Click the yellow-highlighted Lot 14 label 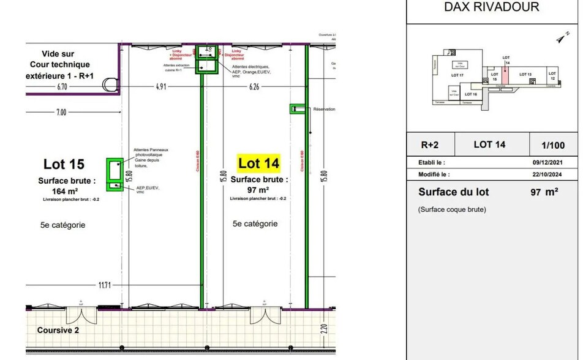[x=258, y=163]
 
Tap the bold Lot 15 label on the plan [x=64, y=164]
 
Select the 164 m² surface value [x=67, y=191]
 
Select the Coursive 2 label [x=58, y=330]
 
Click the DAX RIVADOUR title [x=492, y=7]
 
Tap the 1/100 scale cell [x=554, y=145]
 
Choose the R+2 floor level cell [x=429, y=145]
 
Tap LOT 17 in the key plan [x=457, y=75]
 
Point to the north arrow [x=560, y=39]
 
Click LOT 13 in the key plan [x=525, y=74]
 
